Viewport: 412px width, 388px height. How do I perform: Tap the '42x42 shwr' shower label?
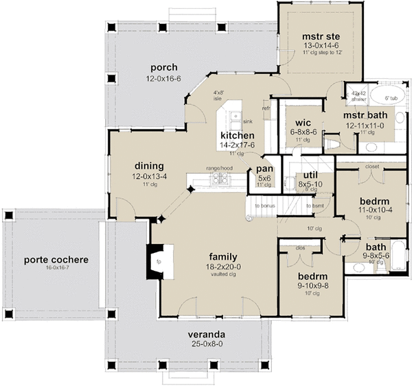pos(359,96)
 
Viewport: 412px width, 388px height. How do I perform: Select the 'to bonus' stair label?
pos(266,206)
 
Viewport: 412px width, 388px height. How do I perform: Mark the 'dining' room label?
pos(148,166)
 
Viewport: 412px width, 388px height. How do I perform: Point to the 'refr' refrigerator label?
pos(266,108)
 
